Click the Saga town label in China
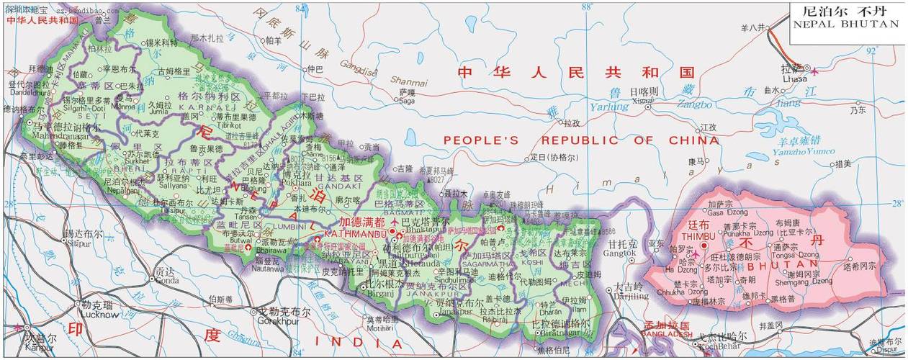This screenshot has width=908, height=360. point(407,101)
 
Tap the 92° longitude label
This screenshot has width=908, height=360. point(871,51)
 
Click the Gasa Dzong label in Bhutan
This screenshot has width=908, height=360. point(724,213)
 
